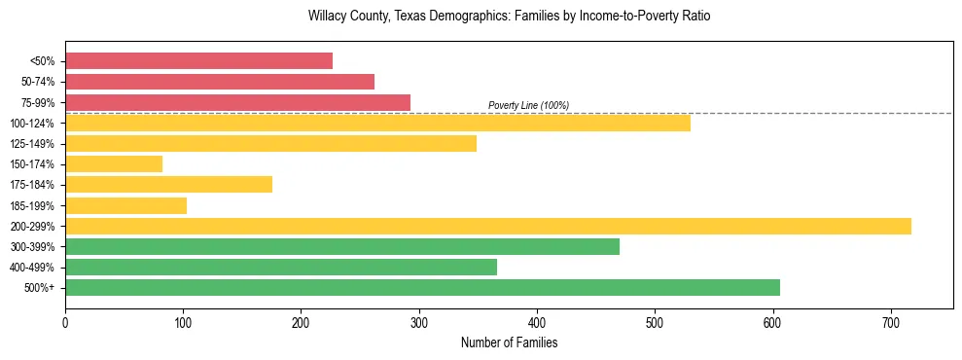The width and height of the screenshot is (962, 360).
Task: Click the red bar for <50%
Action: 198,60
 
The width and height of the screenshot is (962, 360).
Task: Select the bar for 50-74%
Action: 220,82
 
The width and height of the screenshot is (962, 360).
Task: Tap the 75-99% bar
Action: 237,102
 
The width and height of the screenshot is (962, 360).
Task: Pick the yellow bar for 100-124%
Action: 377,123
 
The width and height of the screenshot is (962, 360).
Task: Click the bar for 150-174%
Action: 114,163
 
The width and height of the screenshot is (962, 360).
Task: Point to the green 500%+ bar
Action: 422,287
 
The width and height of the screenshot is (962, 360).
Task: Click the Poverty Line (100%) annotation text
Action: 528,105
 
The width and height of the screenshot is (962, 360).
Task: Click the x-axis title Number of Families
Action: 509,342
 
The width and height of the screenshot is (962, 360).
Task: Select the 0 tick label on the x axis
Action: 65,321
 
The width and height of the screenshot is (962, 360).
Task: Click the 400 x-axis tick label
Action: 537,321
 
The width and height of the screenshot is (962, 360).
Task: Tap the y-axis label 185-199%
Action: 38,205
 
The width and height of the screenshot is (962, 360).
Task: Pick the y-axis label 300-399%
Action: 38,247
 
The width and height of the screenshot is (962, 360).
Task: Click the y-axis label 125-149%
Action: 38,144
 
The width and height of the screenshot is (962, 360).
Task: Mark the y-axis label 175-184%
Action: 38,185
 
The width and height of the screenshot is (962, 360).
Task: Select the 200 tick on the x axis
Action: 302,321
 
